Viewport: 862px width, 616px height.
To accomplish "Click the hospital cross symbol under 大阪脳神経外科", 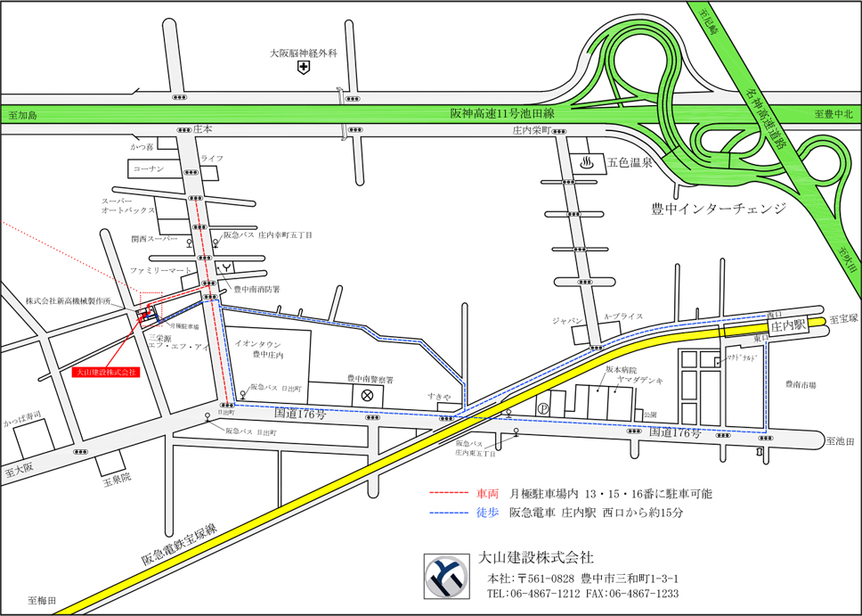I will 304,68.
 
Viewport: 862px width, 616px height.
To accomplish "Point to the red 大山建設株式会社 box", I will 106,371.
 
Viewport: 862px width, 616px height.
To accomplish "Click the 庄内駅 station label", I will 788,325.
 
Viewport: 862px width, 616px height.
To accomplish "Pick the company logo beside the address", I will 444,577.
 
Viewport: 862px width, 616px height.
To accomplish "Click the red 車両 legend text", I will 488,493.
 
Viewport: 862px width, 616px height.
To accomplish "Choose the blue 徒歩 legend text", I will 488,513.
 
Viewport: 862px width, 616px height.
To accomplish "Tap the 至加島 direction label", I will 24,115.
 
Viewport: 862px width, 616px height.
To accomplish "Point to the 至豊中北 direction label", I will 834,114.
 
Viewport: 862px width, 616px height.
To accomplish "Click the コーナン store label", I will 148,168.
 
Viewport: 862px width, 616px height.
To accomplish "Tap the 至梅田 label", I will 41,601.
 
